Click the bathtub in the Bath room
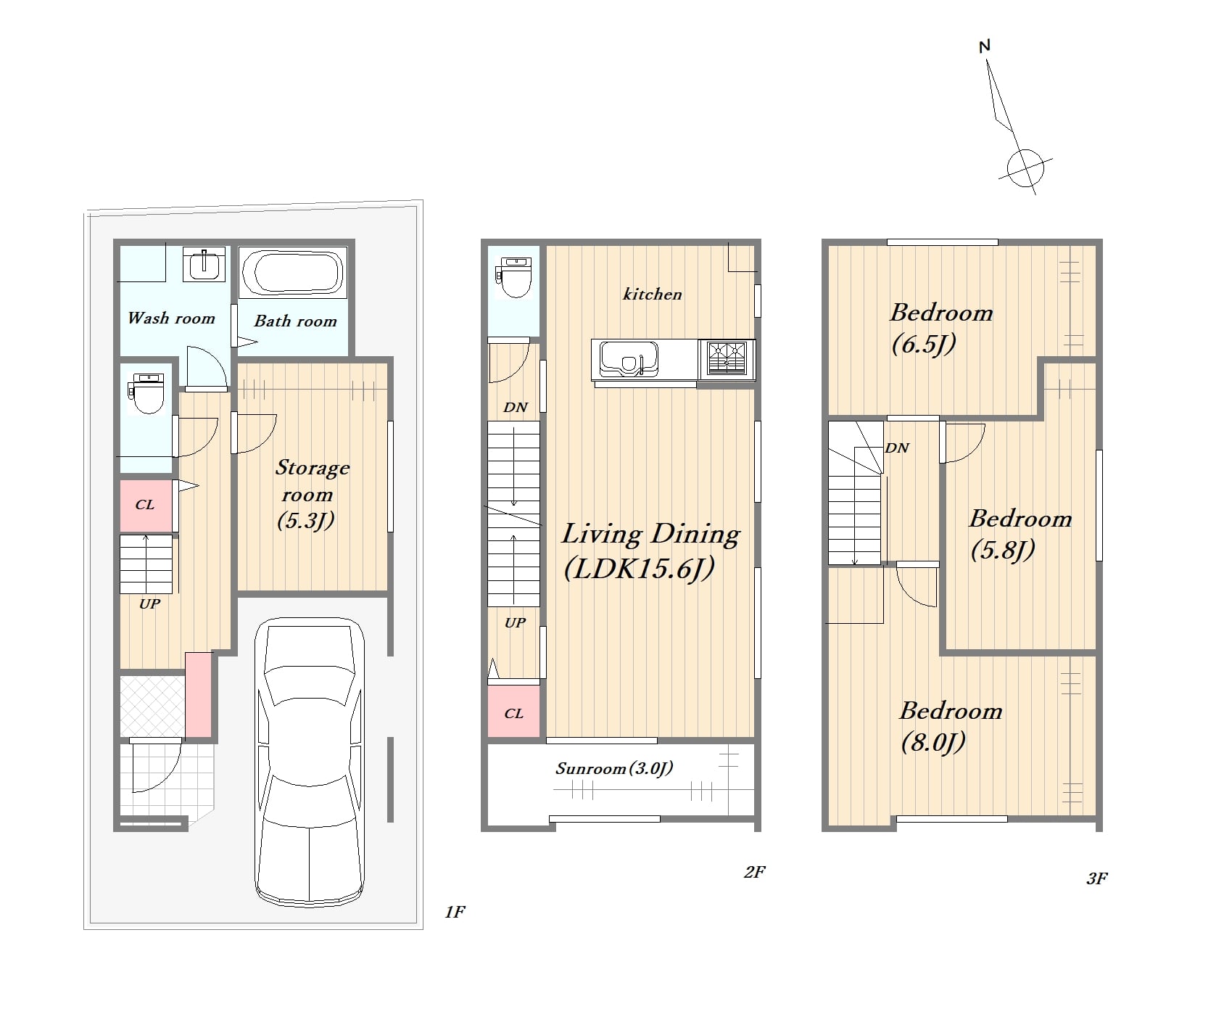[x=292, y=273]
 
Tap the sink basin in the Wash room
[x=204, y=264]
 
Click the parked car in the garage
[x=310, y=762]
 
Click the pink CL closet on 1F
[x=146, y=506]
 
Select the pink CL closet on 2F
[x=513, y=712]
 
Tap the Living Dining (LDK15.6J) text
[x=650, y=551]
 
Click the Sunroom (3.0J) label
[x=614, y=768]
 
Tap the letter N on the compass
[x=984, y=46]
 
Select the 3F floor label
[x=1096, y=878]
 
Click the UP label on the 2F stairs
[x=515, y=622]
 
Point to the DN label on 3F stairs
[x=897, y=448]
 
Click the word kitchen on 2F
[x=653, y=294]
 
